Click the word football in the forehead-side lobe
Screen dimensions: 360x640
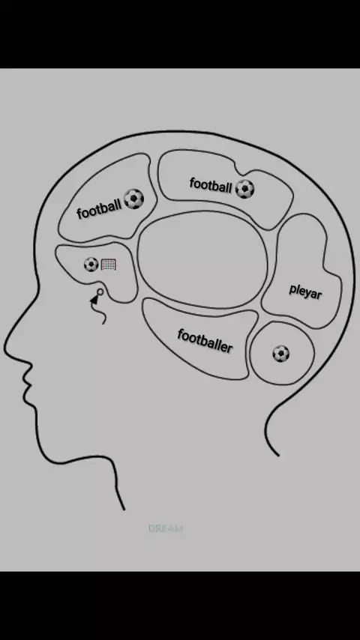pos(99,208)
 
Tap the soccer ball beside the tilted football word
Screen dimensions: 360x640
pos(134,199)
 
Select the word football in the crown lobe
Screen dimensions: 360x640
pos(211,185)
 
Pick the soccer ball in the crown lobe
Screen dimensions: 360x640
pos(244,189)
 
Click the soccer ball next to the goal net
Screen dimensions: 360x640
pos(91,265)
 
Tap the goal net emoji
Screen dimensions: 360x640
pos(108,265)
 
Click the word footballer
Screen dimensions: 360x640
pos(205,341)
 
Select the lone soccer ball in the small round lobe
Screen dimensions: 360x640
pos(281,354)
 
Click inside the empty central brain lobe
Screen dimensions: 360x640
pos(202,259)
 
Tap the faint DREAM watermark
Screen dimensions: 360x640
pos(166,528)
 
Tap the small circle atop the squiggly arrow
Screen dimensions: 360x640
pos(100,292)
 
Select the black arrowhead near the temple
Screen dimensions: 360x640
pos(95,300)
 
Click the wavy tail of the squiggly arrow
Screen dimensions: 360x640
pos(102,314)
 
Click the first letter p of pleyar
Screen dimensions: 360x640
pos(292,290)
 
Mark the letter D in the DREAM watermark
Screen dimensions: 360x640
pos(151,528)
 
